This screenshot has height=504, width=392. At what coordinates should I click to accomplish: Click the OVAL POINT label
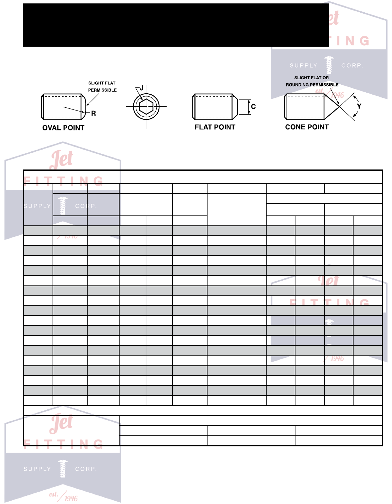coord(63,128)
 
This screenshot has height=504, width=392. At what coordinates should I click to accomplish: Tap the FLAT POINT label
coord(215,127)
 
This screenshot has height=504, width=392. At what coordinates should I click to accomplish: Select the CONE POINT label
coord(307,127)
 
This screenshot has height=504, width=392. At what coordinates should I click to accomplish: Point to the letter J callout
coord(141,88)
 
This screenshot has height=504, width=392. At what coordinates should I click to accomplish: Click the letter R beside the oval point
coord(93,114)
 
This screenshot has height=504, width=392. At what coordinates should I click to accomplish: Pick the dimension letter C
coord(253,107)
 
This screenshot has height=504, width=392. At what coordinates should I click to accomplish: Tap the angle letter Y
coord(359,106)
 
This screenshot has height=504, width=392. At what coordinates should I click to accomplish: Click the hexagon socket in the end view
coord(146,107)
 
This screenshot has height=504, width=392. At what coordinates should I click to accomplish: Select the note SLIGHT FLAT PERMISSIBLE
coord(102,86)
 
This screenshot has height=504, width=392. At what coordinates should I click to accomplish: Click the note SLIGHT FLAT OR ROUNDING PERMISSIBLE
coord(312,81)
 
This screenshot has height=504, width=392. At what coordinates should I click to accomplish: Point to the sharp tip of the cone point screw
coord(339,107)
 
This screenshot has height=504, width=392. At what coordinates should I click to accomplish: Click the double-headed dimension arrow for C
coord(249,107)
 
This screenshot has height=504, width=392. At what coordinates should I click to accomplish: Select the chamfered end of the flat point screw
coord(235,107)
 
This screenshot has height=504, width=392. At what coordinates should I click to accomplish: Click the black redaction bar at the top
coord(176,25)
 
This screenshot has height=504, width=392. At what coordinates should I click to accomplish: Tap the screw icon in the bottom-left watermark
coord(63,468)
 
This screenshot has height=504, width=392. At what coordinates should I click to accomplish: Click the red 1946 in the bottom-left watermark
coord(71,499)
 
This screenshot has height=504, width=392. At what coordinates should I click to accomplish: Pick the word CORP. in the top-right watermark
coord(352,66)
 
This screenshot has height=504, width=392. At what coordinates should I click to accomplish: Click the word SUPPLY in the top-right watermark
coord(303,66)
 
